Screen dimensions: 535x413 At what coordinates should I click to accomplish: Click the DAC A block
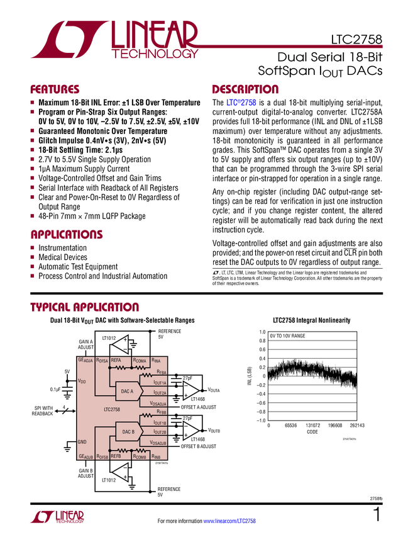coord(128,391)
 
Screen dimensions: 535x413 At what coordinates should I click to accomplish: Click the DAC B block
coord(128,432)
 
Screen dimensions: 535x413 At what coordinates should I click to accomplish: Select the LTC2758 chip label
coord(113,410)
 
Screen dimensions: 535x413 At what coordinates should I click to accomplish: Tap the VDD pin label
coord(82,381)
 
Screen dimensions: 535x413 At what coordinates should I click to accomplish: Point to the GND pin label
coord(82,442)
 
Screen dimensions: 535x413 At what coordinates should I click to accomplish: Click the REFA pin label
coord(116,360)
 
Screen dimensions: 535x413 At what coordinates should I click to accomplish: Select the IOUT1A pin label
coord(160,383)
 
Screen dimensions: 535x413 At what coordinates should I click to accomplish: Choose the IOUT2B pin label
coord(160,432)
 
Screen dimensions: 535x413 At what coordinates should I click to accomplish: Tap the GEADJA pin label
coord(85,360)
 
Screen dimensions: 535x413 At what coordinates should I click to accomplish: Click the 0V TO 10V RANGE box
coord(288,336)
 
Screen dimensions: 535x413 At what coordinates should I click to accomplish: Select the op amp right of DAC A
coord(190,390)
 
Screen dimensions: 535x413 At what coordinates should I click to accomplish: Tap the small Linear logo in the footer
coord(57,517)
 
